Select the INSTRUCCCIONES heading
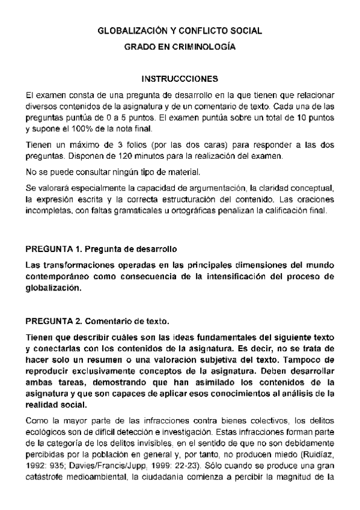(x=179, y=79)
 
